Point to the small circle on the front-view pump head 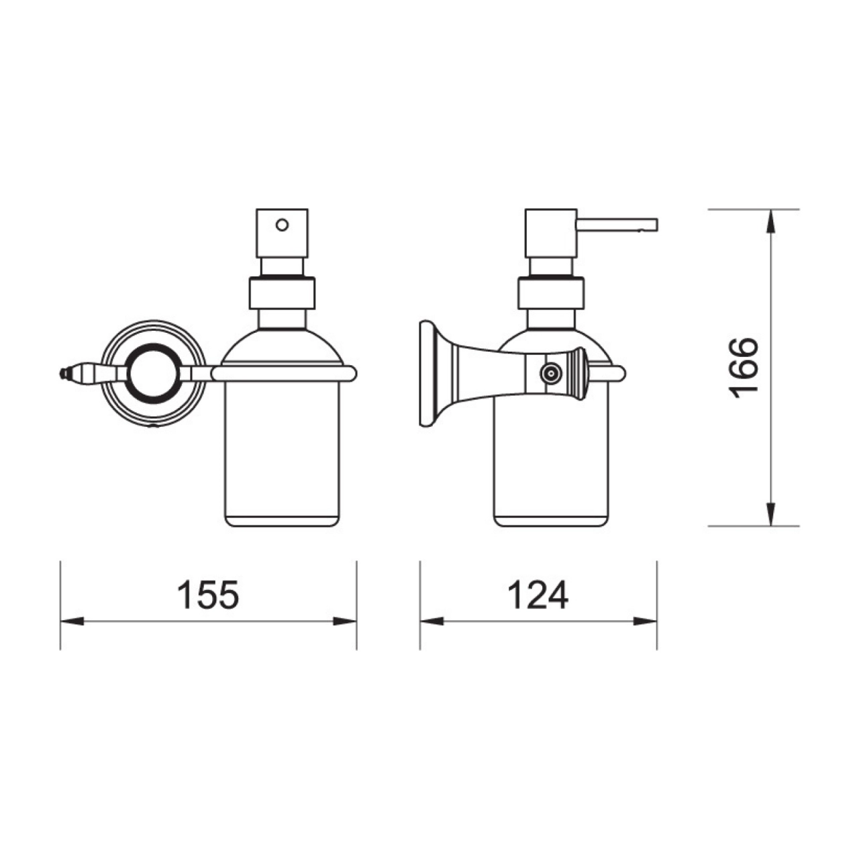tap(282, 224)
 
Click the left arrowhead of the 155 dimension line tap(71, 621)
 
